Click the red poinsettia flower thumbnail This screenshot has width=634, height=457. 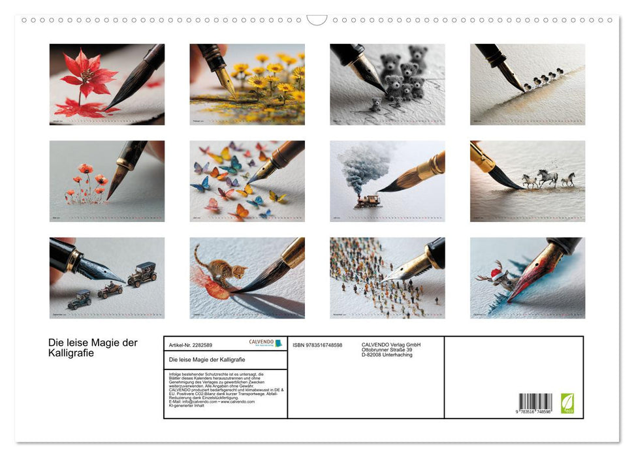[106, 84]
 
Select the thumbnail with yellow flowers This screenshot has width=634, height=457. [247, 84]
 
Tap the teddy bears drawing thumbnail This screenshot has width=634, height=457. [387, 84]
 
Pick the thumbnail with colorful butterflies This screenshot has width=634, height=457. [247, 181]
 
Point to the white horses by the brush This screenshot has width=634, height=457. [548, 179]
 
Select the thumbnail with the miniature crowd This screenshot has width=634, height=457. [387, 277]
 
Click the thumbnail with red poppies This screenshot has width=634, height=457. [106, 181]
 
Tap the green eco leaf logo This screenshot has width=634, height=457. [568, 402]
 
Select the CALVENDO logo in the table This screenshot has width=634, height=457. [265, 343]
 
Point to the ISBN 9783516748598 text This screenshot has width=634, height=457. [317, 345]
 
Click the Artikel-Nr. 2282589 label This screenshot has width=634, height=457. [191, 344]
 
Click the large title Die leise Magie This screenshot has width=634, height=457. [93, 348]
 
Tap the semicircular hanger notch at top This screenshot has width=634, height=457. [317, 20]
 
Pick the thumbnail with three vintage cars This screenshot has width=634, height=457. [106, 277]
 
